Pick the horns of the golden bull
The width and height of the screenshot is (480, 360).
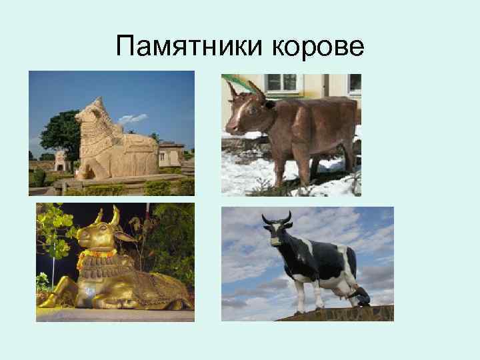click(106, 217)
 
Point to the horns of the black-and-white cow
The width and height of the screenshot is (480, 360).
click(277, 217)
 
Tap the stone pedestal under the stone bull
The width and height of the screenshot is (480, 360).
click(113, 181)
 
